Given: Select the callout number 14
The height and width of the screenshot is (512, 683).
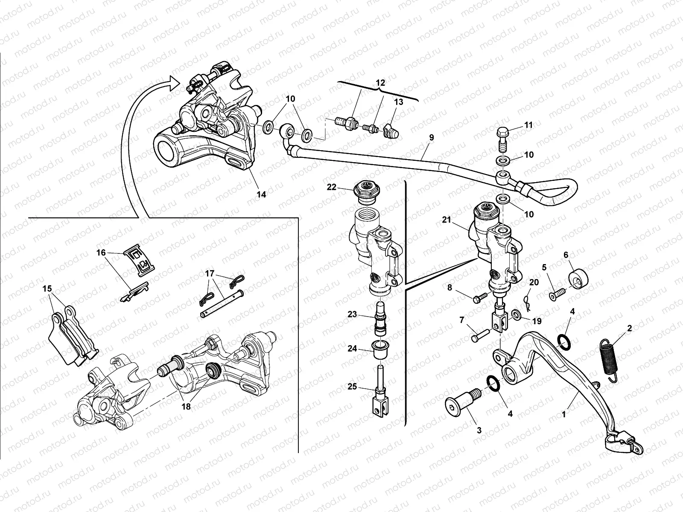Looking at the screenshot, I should coord(261,194).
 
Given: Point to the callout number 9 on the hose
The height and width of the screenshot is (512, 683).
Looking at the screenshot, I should coord(431,137).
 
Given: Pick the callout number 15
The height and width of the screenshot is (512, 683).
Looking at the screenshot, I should coord(47,289).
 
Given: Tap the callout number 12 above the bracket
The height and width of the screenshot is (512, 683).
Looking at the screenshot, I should coord(380,83).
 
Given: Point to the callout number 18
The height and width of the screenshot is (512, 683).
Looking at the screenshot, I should coord(186,407).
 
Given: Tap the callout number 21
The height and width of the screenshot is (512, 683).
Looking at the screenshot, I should coord(447,220).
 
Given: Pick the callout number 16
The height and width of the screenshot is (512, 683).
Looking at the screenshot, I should coord(101,253).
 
